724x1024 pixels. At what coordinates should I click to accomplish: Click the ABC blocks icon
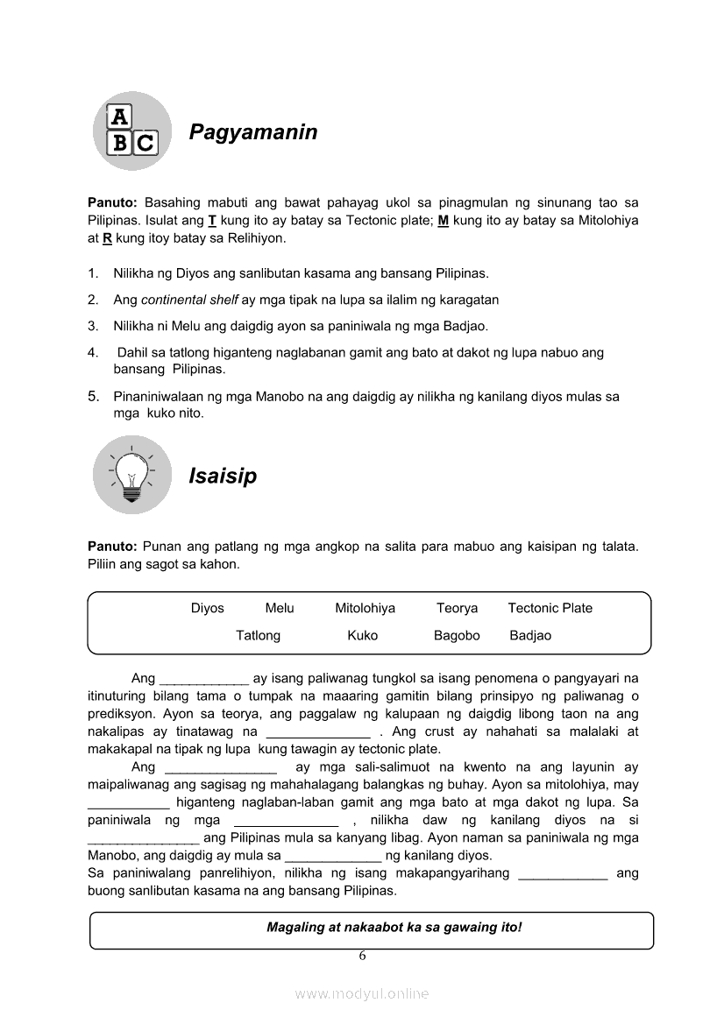point(132,131)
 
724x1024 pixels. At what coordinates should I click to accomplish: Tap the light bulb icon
point(132,475)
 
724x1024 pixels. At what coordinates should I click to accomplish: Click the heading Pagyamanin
point(252,133)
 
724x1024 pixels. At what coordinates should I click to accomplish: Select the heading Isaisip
point(223,477)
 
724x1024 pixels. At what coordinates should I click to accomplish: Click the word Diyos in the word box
point(208,608)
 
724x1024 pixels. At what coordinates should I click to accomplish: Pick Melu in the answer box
point(280,608)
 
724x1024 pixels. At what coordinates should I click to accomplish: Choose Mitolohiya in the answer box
point(365,608)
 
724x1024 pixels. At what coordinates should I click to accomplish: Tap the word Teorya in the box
point(458,608)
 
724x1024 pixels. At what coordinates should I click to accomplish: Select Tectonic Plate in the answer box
point(550,608)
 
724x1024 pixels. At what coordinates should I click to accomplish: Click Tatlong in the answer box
point(258,635)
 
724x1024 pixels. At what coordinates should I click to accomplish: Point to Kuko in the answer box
point(362,635)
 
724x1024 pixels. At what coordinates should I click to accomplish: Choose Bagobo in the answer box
point(457,635)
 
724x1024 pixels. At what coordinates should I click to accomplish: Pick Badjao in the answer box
point(530,635)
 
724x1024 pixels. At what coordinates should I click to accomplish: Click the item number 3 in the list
point(92,326)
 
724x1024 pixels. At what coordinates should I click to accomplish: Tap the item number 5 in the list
point(92,396)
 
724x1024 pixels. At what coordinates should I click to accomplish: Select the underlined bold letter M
point(444,221)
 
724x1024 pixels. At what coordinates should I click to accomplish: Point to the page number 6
point(362,956)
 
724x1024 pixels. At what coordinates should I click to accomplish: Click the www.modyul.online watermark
point(362,993)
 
